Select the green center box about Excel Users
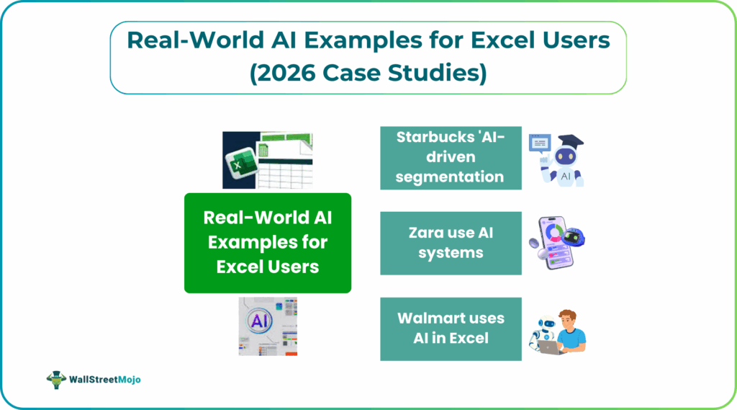pyautogui.click(x=268, y=242)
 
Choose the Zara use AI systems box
pyautogui.click(x=451, y=243)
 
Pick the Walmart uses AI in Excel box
pyautogui.click(x=451, y=328)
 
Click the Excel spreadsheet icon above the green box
pyautogui.click(x=268, y=160)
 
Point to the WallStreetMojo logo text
pyautogui.click(x=105, y=378)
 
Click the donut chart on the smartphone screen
pyautogui.click(x=553, y=233)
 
